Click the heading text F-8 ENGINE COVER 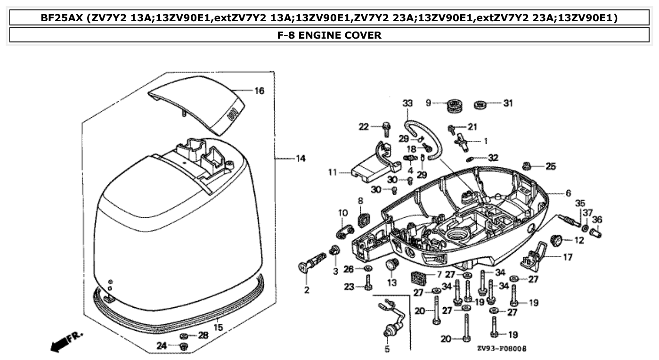[329, 35]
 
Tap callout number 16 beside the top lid [259, 90]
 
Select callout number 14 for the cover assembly [301, 158]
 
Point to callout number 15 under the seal [218, 327]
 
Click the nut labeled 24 [184, 346]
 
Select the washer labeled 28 [185, 335]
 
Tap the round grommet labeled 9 [454, 104]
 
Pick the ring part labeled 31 [480, 104]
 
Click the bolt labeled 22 [387, 128]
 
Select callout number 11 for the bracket [333, 173]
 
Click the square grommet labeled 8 [362, 219]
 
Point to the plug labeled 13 [391, 265]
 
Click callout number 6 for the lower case [568, 193]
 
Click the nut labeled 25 [528, 166]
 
